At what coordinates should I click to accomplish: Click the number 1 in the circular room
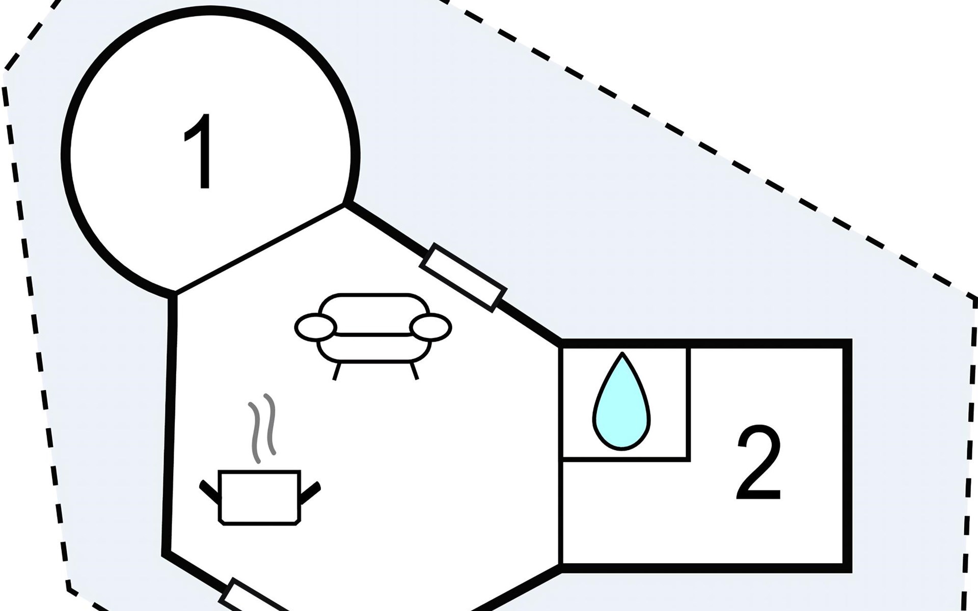(x=199, y=151)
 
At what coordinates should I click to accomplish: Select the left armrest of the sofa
(x=316, y=326)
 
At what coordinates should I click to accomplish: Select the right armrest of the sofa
(x=431, y=326)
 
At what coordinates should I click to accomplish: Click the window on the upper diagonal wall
(x=464, y=277)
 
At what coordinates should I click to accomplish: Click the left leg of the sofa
(x=337, y=371)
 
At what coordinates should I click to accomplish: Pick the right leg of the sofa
(x=414, y=371)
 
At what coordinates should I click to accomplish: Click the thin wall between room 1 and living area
(x=260, y=249)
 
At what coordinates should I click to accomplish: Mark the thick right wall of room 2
(x=847, y=455)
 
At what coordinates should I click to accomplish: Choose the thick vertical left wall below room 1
(x=170, y=423)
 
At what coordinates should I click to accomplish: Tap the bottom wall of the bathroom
(x=625, y=460)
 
